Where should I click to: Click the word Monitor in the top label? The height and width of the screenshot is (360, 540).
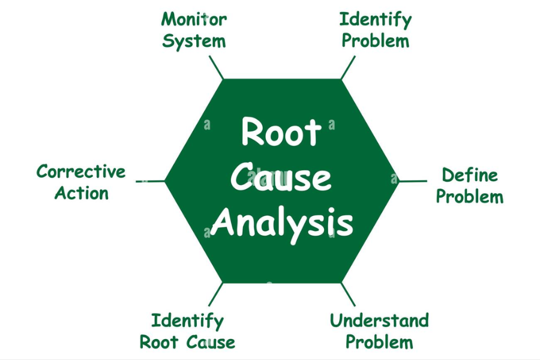(x=194, y=19)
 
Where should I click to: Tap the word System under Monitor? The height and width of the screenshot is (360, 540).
(x=194, y=41)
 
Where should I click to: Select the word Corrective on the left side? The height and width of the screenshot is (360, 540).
(x=81, y=172)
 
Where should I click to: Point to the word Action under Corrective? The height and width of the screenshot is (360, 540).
(x=82, y=193)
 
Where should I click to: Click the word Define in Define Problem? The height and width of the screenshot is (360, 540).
(x=470, y=175)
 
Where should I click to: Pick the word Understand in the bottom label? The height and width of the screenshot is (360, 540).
(x=379, y=320)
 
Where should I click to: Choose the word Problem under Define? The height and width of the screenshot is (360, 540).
(x=470, y=196)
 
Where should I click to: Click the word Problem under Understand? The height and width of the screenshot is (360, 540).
(x=379, y=342)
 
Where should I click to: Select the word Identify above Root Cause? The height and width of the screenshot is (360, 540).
(x=187, y=320)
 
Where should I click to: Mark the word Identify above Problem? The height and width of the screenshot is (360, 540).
(x=376, y=19)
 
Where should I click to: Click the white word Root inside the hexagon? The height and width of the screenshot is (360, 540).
(x=281, y=132)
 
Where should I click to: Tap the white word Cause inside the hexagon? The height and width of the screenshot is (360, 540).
(x=281, y=178)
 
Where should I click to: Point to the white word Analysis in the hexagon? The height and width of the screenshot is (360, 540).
(x=282, y=223)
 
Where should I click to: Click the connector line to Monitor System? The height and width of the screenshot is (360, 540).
(x=216, y=67)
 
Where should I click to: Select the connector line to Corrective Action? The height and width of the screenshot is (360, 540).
(x=151, y=181)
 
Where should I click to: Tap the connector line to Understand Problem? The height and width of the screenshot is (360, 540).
(x=349, y=295)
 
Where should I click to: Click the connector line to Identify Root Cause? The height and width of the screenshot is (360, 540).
(x=216, y=295)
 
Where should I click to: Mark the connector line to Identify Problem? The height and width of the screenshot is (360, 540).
(x=348, y=67)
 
